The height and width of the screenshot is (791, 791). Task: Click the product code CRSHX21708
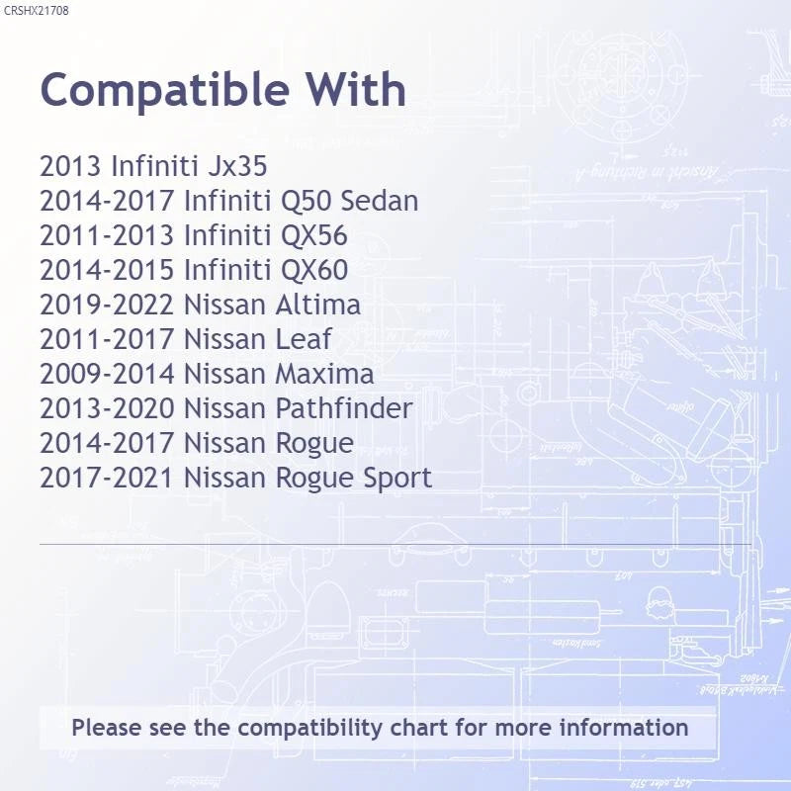point(36,11)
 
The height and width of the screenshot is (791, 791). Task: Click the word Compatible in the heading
point(164,91)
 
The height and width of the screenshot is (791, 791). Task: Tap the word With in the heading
point(356,89)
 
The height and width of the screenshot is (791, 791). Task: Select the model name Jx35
point(237,166)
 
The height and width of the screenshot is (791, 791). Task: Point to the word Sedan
point(380,201)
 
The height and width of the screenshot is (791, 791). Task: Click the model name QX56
point(313,235)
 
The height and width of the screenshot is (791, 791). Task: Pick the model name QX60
point(313,270)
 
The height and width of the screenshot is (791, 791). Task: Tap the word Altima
point(317,305)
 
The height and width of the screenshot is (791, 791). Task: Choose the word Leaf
point(304,339)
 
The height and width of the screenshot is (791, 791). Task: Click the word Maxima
point(325,374)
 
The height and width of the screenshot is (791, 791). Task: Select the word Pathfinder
point(344,408)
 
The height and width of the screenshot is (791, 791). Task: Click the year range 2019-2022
point(107,305)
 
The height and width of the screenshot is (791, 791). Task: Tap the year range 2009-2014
point(107,374)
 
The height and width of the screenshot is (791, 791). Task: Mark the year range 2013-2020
point(107,408)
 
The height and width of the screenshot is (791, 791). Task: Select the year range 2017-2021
point(107,478)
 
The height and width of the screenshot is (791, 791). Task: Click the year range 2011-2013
point(107,235)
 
